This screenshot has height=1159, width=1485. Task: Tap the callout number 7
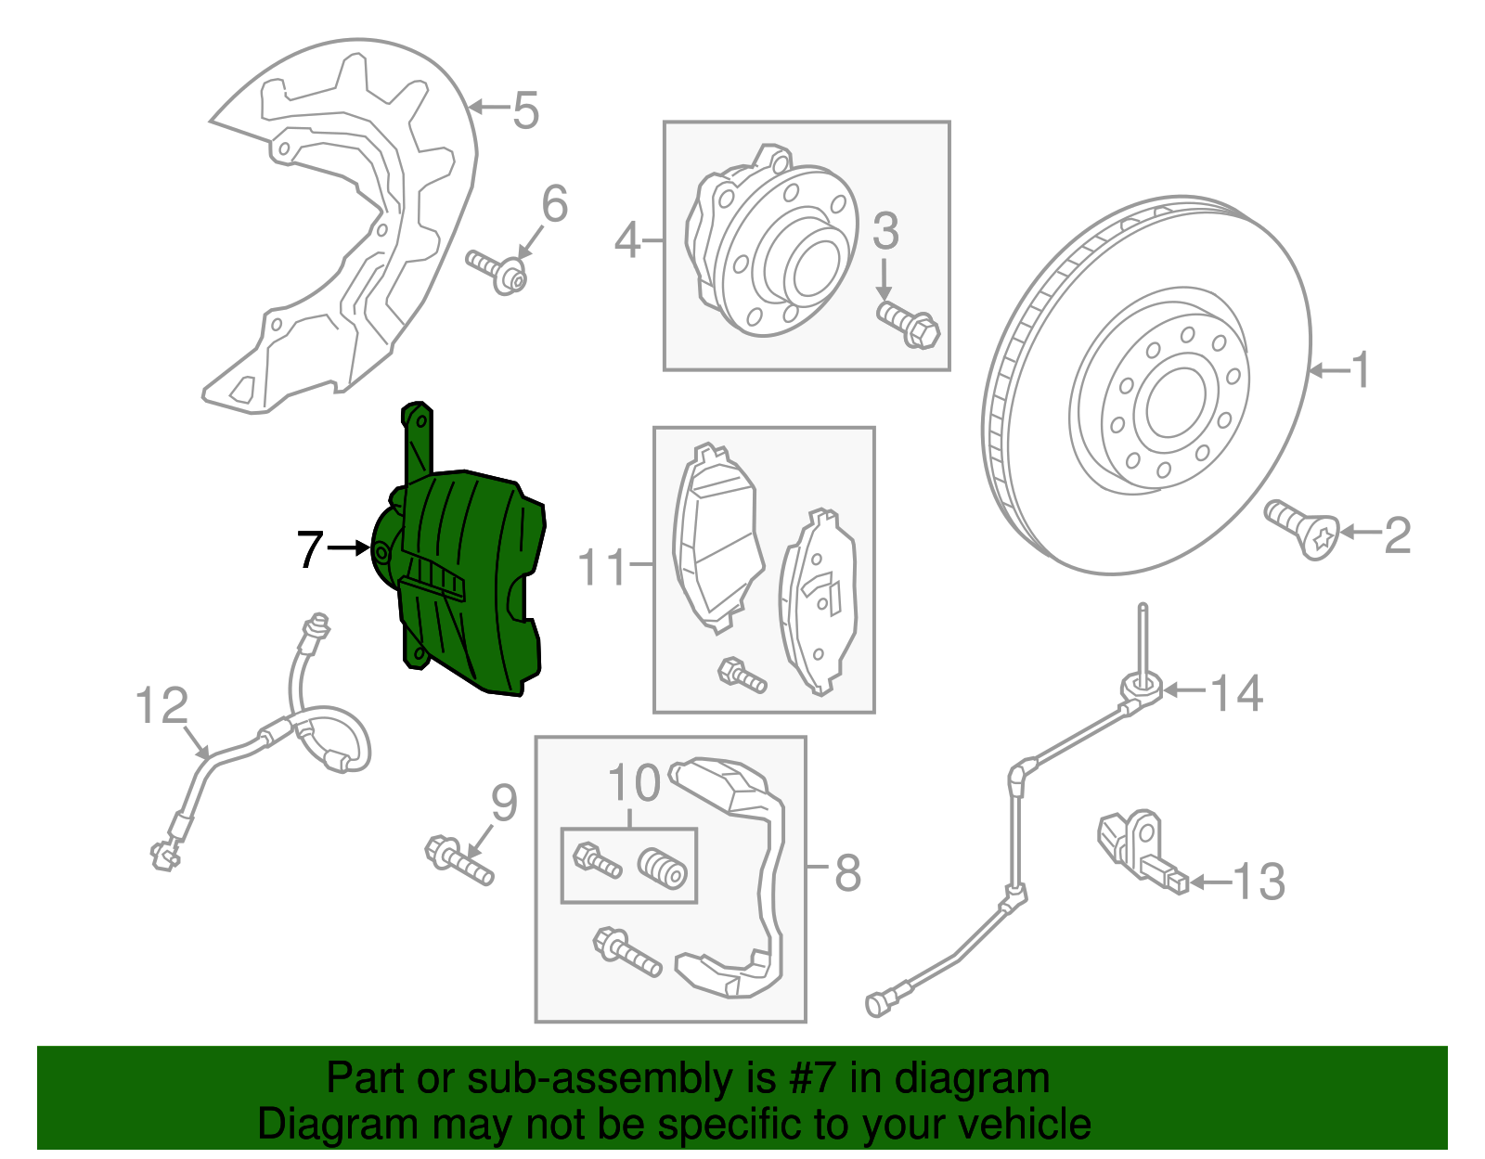(x=309, y=549)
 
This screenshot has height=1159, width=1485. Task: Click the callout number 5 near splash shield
(x=525, y=110)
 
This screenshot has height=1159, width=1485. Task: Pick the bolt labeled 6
(x=496, y=268)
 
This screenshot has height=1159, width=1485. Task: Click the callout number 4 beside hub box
(x=627, y=241)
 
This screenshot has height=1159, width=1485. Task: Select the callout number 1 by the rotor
(x=1361, y=370)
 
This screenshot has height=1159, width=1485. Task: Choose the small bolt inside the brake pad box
(x=742, y=675)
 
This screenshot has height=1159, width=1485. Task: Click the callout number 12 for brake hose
(x=161, y=706)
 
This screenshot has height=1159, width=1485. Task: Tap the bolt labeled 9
(x=458, y=860)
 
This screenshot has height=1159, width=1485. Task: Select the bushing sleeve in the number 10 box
(x=662, y=868)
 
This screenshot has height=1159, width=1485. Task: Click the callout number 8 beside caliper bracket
(x=847, y=872)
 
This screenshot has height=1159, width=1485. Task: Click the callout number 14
(x=1237, y=693)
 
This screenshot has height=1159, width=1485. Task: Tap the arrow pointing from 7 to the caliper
(x=349, y=548)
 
